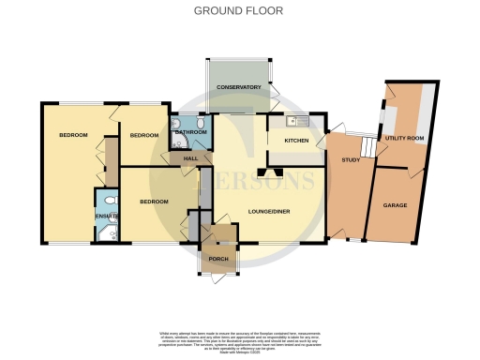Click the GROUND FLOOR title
(x=237, y=11)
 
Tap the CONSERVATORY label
(x=238, y=87)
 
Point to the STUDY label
(x=351, y=160)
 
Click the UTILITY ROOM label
(x=405, y=138)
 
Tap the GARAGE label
(x=393, y=203)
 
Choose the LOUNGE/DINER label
(x=270, y=211)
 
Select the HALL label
(x=190, y=158)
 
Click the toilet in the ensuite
(x=111, y=201)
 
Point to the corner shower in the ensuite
(x=100, y=232)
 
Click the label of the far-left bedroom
(x=73, y=136)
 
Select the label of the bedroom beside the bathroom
(x=143, y=136)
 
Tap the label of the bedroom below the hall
(x=153, y=202)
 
